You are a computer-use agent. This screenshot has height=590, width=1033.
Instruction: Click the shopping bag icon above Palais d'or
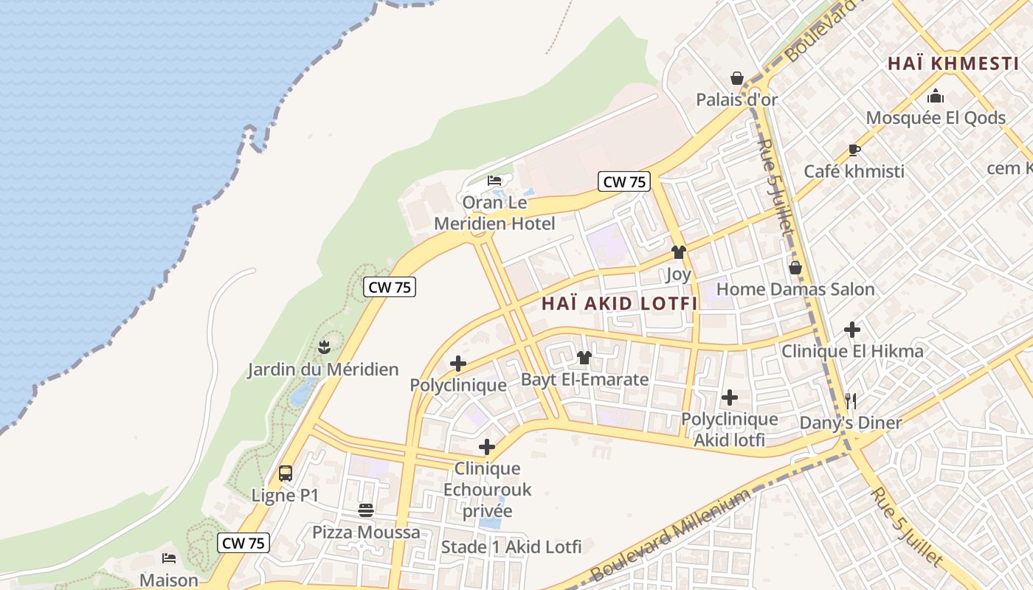click(736, 78)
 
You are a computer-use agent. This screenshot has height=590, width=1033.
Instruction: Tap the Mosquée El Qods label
click(936, 118)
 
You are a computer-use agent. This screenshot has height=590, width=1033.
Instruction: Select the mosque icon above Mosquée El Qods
click(936, 96)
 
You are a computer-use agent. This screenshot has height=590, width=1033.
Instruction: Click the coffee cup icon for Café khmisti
click(854, 150)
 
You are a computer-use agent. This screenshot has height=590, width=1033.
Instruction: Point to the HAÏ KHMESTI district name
click(953, 63)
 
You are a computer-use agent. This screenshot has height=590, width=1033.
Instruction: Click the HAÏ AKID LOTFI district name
click(619, 303)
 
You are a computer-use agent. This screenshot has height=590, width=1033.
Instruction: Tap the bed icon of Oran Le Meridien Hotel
click(494, 181)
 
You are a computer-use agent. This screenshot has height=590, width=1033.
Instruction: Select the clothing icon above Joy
click(678, 253)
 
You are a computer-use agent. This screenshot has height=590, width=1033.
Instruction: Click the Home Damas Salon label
click(795, 289)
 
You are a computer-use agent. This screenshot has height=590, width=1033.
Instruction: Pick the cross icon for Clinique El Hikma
click(852, 329)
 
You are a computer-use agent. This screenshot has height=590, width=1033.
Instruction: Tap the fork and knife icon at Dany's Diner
click(851, 400)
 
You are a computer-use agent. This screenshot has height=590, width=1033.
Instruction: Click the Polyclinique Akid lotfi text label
click(729, 429)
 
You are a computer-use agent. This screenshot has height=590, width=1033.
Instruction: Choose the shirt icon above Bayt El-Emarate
click(584, 358)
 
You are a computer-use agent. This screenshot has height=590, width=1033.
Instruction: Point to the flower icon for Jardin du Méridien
click(323, 347)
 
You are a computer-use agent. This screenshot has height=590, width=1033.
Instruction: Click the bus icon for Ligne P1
click(286, 473)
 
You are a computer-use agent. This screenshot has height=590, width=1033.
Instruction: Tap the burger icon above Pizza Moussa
click(366, 510)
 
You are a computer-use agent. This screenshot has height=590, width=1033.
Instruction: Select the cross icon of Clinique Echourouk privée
click(486, 447)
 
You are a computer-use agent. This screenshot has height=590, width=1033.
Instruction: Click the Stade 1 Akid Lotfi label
click(511, 547)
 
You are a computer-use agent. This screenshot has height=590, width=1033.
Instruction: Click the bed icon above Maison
click(169, 558)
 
